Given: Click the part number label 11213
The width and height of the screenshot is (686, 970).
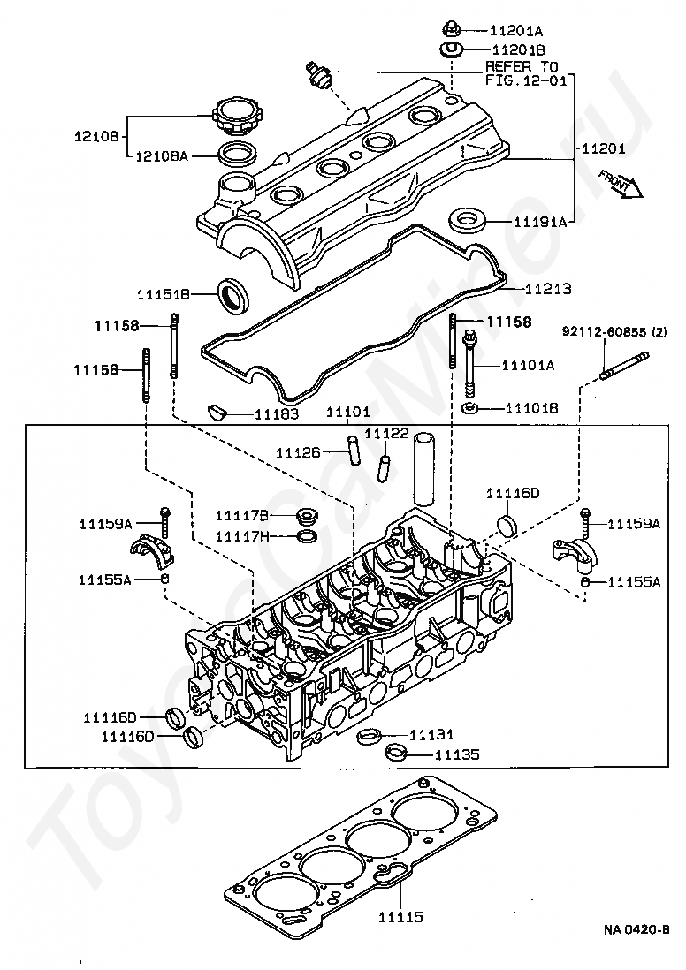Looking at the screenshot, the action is [x=549, y=289].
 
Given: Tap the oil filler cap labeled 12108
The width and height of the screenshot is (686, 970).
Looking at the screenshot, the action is [x=233, y=118].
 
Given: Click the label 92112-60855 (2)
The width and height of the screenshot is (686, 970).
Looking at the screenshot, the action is [x=614, y=331].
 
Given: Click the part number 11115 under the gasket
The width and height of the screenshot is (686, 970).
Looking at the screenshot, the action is [x=401, y=917].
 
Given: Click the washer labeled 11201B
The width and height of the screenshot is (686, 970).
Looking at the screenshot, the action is [x=453, y=49].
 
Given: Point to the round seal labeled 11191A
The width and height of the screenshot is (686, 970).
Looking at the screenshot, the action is [x=467, y=220].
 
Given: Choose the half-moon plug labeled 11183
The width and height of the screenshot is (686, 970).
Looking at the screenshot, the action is [x=216, y=412].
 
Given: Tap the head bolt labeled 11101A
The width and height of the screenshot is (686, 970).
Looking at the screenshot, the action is [x=471, y=365].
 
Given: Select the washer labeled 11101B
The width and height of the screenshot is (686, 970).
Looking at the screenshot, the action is [x=471, y=407].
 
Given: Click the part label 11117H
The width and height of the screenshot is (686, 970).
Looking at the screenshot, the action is [x=242, y=535].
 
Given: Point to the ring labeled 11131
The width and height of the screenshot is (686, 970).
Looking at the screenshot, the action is [x=370, y=736].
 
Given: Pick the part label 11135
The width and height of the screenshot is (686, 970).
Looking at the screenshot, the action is [x=458, y=754].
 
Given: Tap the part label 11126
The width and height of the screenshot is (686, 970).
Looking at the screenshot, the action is [x=299, y=453].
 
